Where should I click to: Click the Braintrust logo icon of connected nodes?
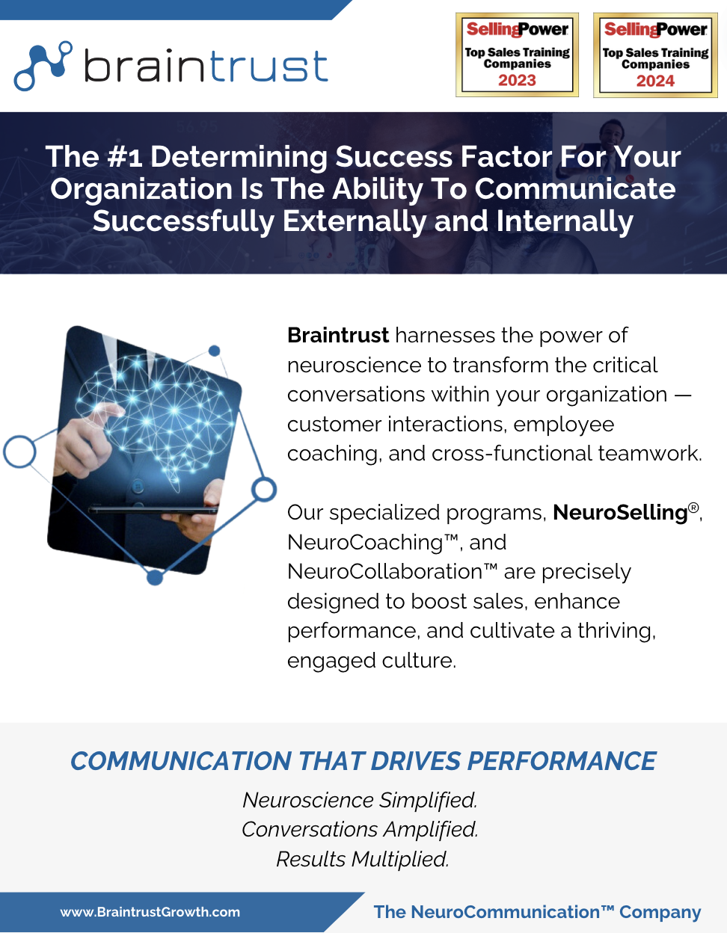click(x=43, y=65)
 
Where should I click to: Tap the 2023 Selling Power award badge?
click(x=517, y=55)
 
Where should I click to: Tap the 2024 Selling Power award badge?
click(x=655, y=55)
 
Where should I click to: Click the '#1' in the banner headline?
click(x=125, y=157)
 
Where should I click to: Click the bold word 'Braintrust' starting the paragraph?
click(x=338, y=335)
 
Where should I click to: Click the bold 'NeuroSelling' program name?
click(x=620, y=512)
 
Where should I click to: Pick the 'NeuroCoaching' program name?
click(x=365, y=542)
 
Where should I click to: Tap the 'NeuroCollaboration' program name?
click(x=384, y=572)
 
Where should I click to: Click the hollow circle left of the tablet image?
click(x=19, y=452)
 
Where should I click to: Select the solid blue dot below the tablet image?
click(x=155, y=577)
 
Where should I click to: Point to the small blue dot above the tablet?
click(x=215, y=351)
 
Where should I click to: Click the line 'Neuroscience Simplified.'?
click(x=360, y=800)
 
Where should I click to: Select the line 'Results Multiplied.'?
click(x=362, y=859)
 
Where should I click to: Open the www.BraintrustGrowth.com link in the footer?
click(x=150, y=912)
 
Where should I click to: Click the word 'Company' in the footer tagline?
click(x=660, y=912)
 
